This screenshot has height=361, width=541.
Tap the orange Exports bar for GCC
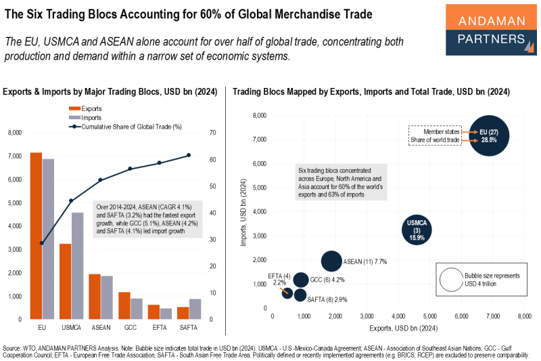124,305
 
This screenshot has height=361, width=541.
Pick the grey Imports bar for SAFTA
195,309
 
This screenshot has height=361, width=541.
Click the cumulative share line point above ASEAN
100,180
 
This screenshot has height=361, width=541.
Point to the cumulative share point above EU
42,242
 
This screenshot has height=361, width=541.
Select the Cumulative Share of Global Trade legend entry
122,126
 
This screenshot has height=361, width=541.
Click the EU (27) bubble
488,135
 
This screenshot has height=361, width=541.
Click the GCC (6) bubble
301,280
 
